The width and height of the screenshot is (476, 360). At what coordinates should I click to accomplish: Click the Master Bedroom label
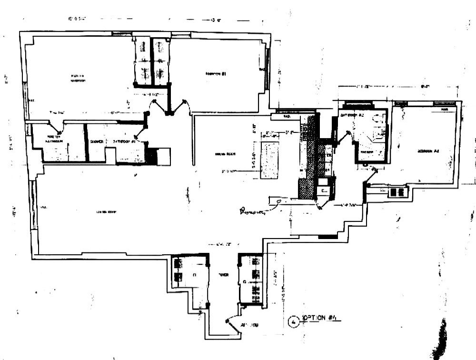(78, 78)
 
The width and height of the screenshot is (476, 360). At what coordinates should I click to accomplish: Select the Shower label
(97, 141)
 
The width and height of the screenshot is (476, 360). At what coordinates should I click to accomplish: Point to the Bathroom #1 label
(127, 141)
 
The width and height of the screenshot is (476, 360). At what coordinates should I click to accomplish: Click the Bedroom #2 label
(427, 151)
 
